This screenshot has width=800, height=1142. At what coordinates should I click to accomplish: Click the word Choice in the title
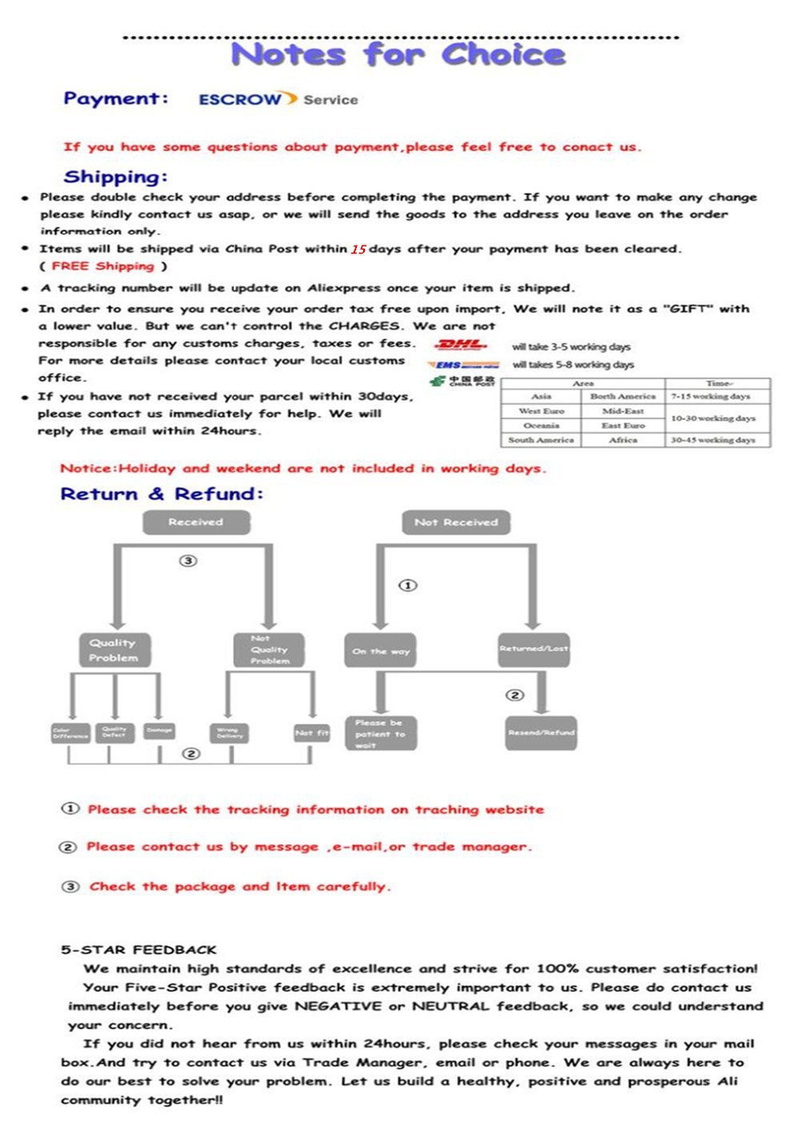(503, 54)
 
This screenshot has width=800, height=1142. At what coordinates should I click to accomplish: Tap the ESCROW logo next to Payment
(240, 100)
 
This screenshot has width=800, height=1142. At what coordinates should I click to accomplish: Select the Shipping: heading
(115, 177)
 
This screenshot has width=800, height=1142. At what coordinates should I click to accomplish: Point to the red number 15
(358, 250)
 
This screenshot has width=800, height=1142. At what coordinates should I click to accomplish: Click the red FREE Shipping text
(102, 266)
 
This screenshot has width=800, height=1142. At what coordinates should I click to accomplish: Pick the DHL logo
(461, 345)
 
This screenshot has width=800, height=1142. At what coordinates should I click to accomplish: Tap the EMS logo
(463, 365)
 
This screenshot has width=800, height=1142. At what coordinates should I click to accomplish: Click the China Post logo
(462, 381)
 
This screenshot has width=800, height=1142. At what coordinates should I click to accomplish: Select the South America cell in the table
(541, 440)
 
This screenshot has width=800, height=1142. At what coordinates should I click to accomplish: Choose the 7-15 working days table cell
(711, 397)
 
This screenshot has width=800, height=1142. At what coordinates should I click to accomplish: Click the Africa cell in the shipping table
(623, 440)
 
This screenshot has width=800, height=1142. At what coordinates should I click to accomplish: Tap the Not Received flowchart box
(456, 522)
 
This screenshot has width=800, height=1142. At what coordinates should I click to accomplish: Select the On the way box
(381, 651)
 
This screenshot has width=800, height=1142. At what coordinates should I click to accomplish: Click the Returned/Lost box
(534, 649)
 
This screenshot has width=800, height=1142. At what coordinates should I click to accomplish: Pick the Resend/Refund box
(542, 733)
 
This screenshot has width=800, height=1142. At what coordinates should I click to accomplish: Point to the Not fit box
(311, 733)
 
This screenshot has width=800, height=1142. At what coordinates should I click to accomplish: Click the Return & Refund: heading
(162, 494)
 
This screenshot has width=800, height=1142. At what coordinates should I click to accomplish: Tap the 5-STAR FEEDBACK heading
(138, 950)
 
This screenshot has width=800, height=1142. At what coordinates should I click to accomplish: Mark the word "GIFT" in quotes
(688, 309)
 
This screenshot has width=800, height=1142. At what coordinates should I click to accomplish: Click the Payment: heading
(116, 99)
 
